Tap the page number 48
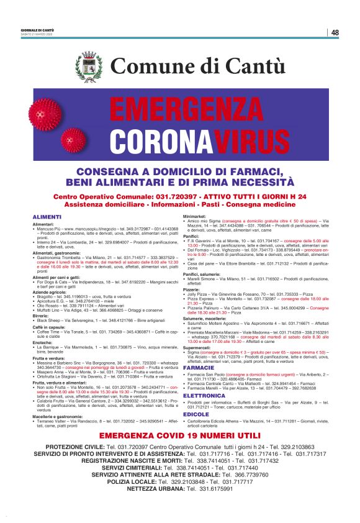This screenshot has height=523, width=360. (335, 32)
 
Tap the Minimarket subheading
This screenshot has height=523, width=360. (195, 216)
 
